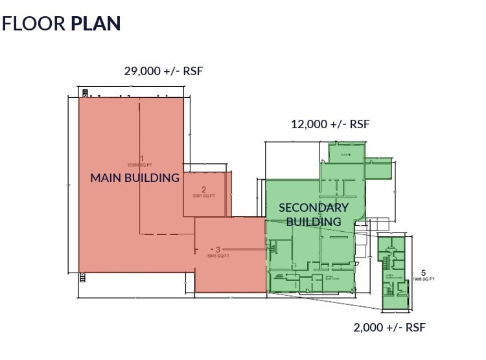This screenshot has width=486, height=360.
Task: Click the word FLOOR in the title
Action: tap(34, 23)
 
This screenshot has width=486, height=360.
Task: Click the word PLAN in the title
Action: tap(96, 23)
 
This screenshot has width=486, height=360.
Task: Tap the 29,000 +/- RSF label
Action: tap(163, 71)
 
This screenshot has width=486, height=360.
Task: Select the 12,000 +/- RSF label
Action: tap(330, 124)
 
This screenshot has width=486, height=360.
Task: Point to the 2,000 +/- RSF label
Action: tap(389, 327)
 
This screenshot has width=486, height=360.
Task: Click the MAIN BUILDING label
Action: tap(134, 177)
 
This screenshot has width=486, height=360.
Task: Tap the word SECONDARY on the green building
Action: tap(314, 208)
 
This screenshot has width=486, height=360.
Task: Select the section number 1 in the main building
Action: tap(141, 159)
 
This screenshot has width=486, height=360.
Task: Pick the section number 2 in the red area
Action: tap(203, 190)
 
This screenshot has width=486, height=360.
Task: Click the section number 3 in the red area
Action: tap(218, 249)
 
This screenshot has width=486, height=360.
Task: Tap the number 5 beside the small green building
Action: tap(423, 273)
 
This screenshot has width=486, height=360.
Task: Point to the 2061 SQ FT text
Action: tap(203, 196)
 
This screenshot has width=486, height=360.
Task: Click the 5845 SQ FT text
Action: tap(218, 256)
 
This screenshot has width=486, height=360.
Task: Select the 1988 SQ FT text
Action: tap(423, 279)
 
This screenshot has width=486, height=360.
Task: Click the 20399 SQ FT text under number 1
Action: tap(140, 165)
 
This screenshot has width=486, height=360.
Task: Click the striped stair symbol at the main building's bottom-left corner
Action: tap(82, 278)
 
